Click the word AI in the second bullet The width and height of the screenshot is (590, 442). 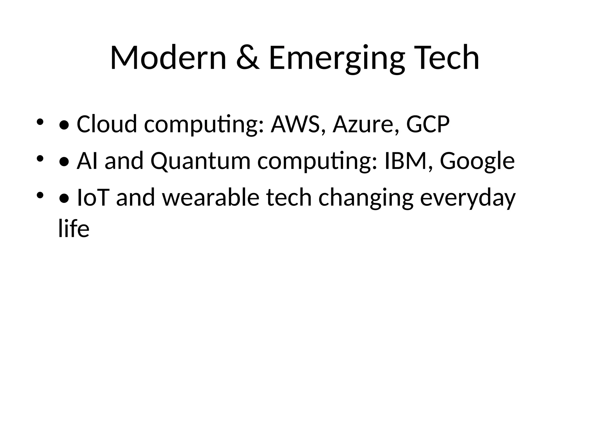pyautogui.click(x=87, y=161)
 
